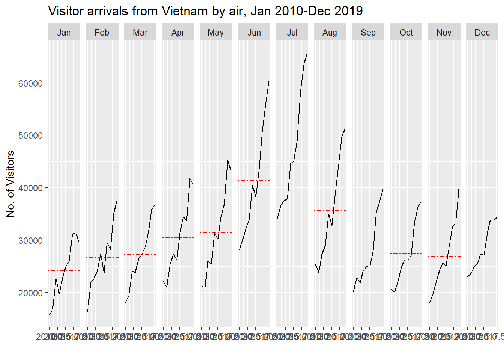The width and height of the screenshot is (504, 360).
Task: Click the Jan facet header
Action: click(64, 33)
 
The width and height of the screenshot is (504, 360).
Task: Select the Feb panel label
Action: click(102, 33)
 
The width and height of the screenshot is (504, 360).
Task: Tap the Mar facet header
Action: click(140, 33)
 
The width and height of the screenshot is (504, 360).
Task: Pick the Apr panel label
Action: click(178, 33)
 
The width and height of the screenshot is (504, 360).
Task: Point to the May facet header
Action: click(216, 33)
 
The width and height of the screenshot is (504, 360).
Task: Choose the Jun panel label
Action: click(254, 33)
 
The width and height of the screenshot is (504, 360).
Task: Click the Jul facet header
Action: click(292, 33)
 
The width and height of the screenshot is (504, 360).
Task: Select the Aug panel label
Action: click(330, 33)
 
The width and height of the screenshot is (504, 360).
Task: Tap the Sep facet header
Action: click(368, 33)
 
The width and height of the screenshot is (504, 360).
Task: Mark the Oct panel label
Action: click(406, 33)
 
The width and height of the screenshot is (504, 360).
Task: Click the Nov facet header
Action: click(444, 33)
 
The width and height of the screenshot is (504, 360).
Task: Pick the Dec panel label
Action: click(482, 33)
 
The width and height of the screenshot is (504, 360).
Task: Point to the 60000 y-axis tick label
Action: click(30, 83)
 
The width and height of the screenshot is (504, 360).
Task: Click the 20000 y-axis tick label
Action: click(30, 293)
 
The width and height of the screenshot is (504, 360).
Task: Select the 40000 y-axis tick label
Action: click(30, 188)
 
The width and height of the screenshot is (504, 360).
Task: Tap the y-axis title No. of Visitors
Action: click(10, 184)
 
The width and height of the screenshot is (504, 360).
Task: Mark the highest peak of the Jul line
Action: click(307, 54)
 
